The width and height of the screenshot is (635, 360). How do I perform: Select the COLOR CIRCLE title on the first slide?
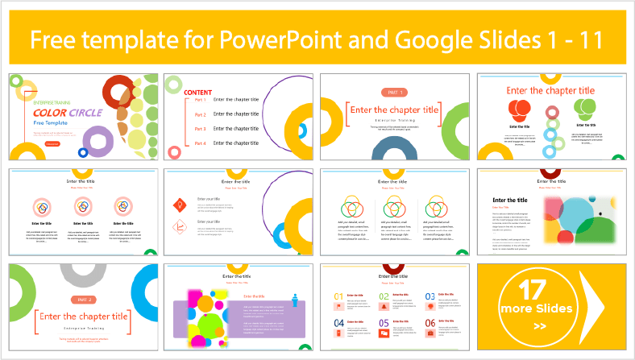point(68,113)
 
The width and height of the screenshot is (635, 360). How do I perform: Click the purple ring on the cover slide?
point(98,143)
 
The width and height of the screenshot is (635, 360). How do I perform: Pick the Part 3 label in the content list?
point(201,129)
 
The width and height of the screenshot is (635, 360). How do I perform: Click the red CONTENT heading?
point(198,93)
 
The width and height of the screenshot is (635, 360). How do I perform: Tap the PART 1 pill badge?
point(393,93)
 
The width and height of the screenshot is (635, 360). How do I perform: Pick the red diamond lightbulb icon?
point(181,202)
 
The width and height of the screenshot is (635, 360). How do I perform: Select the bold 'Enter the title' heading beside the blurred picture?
point(510,200)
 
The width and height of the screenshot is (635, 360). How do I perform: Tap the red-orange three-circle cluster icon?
point(520,109)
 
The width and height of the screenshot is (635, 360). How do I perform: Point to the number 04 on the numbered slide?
point(338,323)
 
